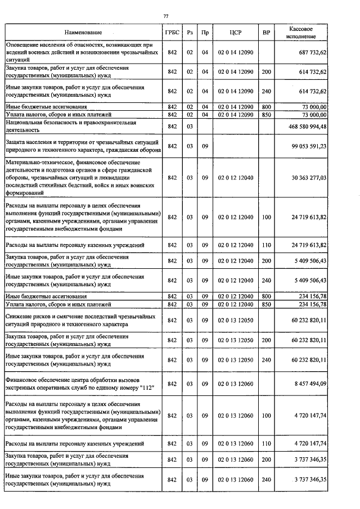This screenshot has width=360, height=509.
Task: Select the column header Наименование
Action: (x=83, y=33)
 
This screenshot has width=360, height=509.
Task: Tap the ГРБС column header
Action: (x=172, y=33)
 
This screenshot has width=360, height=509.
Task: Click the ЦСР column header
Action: (x=236, y=33)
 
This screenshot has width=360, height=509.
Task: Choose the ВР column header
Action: (x=266, y=33)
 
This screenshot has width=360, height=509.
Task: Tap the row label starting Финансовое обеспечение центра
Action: (x=79, y=384)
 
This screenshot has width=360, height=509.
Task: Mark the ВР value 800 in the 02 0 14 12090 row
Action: (x=266, y=106)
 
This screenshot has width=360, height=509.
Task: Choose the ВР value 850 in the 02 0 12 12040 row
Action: (x=266, y=304)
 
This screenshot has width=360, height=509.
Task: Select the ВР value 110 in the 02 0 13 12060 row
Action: (x=266, y=444)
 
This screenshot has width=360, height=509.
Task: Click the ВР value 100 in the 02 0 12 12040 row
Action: (x=266, y=217)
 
